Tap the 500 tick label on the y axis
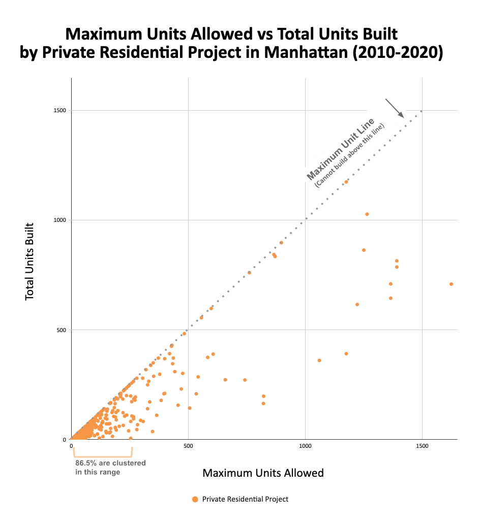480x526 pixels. coord(62,330)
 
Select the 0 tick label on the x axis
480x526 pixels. coord(72,446)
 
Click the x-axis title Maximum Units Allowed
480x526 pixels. coord(263,473)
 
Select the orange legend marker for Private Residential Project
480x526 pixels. coord(195,500)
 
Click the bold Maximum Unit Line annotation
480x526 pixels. coord(341,149)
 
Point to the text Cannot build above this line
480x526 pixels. coord(350,155)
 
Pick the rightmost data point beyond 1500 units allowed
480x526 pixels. coord(451,284)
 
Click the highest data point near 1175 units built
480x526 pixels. coord(346,182)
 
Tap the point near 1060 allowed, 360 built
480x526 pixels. coord(319,360)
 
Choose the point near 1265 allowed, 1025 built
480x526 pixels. coord(367,214)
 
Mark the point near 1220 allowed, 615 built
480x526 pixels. coord(357,304)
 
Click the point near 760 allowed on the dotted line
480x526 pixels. coord(249,273)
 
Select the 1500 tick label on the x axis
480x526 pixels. coord(422,446)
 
